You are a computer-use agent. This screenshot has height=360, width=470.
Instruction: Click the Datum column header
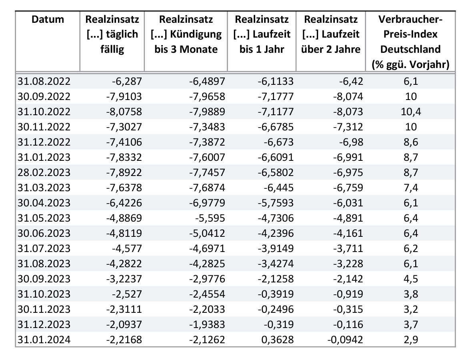click(48, 20)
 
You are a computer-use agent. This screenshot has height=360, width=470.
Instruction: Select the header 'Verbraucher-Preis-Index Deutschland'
click(410, 42)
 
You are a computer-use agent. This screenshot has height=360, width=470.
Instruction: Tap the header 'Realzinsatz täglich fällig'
click(112, 34)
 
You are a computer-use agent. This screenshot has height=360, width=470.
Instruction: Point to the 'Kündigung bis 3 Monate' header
click(186, 34)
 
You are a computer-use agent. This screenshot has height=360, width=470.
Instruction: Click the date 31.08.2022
click(44, 81)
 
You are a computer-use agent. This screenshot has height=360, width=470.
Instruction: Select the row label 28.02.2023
click(44, 172)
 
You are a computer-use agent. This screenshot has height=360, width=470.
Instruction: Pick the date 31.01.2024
click(44, 340)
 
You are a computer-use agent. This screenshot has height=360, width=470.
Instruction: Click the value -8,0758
click(124, 112)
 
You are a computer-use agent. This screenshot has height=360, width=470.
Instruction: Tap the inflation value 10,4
click(411, 112)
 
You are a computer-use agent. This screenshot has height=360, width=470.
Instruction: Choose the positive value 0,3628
click(277, 340)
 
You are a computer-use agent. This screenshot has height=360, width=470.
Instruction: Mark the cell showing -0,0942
click(345, 340)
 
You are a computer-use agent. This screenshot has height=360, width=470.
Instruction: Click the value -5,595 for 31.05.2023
click(210, 218)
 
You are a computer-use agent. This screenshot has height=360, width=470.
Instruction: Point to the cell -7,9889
click(207, 112)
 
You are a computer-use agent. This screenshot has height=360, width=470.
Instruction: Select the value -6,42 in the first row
click(351, 81)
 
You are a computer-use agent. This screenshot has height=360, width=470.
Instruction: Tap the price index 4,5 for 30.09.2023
click(411, 279)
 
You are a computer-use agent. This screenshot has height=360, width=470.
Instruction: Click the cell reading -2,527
click(127, 294)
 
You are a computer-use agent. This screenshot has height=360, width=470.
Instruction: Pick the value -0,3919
click(276, 294)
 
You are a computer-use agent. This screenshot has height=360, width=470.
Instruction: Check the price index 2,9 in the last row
click(411, 340)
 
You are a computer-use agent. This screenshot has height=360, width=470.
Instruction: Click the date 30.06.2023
click(44, 233)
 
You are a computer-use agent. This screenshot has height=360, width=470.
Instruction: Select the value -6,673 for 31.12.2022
click(278, 142)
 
